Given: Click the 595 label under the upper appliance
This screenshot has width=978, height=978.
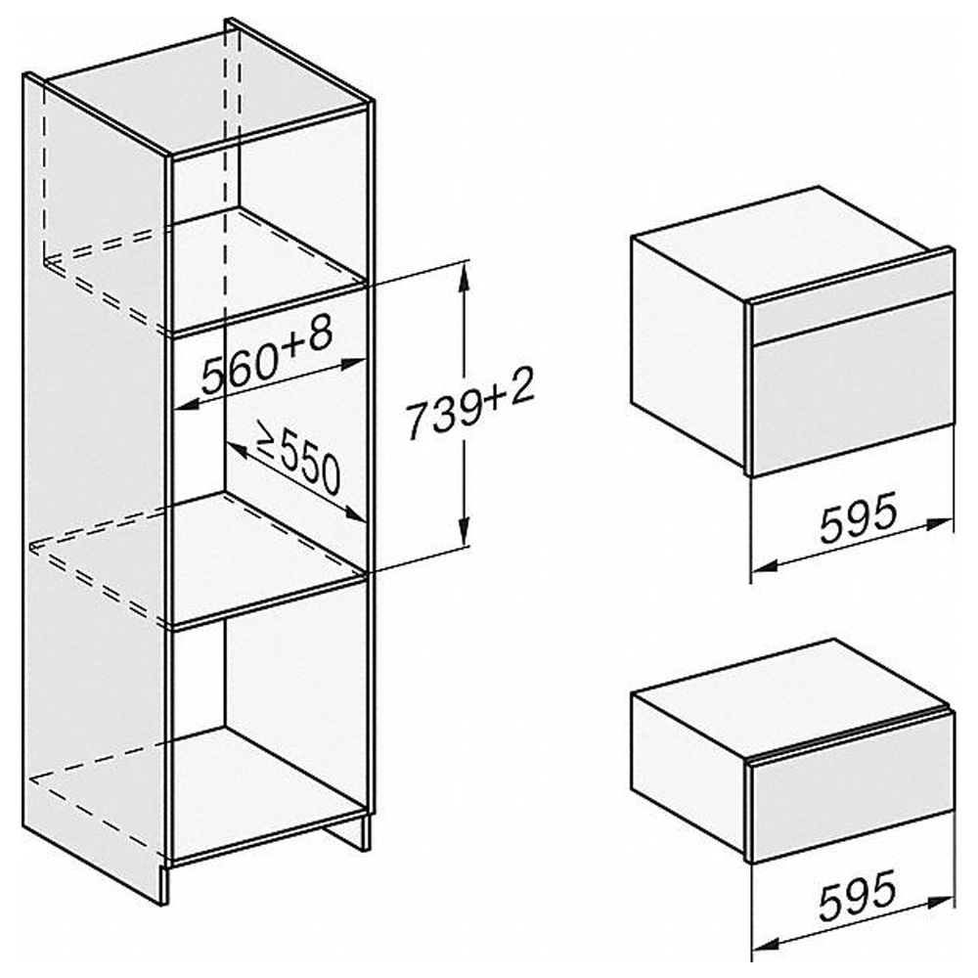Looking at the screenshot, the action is [x=858, y=517].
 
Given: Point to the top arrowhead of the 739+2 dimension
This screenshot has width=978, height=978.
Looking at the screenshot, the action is [x=463, y=278].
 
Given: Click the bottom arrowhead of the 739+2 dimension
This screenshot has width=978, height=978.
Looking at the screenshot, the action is [x=463, y=531].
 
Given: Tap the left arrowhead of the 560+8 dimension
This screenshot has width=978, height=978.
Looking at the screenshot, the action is [x=185, y=406].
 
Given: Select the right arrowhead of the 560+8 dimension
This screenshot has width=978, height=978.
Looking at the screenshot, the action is [x=352, y=364].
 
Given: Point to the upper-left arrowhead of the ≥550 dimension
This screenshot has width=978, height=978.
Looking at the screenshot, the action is [x=237, y=450].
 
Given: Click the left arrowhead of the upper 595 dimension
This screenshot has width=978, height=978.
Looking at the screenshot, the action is [x=764, y=566].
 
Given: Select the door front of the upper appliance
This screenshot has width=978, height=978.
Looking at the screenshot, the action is [x=852, y=386].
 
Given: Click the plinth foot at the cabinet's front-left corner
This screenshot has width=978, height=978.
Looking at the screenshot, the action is [x=164, y=882].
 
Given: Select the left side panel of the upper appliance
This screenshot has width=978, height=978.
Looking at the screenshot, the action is [x=689, y=351].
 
